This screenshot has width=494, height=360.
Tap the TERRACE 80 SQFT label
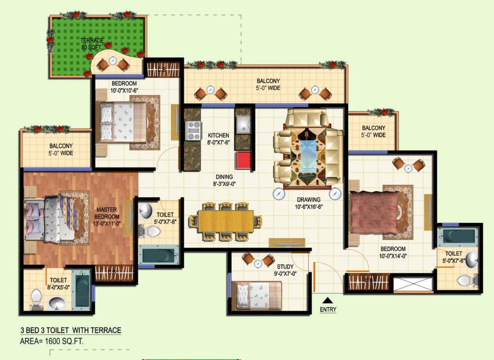pos(92,44)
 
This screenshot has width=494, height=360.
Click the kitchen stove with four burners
pos(194,131)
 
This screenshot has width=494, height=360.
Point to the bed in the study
pos(259,294)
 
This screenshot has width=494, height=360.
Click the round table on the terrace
pos(113,61)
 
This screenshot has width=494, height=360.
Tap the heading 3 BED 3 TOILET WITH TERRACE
pos(71,330)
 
